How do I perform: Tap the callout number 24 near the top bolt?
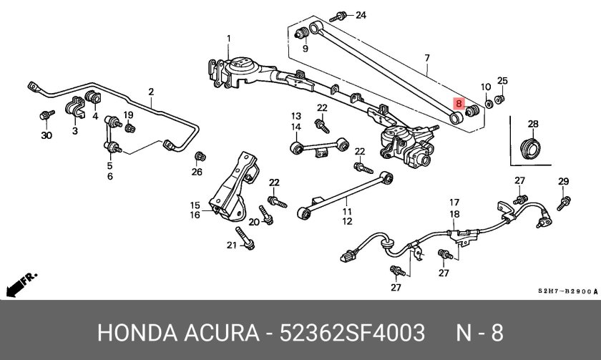tap(360, 15)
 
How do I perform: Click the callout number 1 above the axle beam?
tap(229, 38)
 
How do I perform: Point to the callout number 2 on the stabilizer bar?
tap(151, 92)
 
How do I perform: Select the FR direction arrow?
tap(20, 285)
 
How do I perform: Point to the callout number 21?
tap(231, 245)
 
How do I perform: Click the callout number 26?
tap(197, 171)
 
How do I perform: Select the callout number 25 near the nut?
tap(502, 80)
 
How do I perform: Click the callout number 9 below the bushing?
tap(304, 49)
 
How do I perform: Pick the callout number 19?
tap(128, 115)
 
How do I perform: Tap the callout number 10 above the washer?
tap(485, 87)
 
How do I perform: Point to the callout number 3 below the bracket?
tap(74, 131)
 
